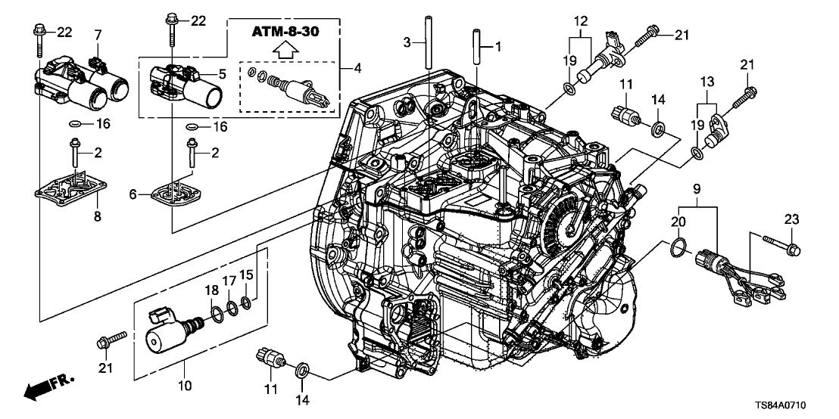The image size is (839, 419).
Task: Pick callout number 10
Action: (x=186, y=386)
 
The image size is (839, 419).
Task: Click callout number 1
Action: (x=497, y=46)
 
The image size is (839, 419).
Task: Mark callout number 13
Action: (x=706, y=82)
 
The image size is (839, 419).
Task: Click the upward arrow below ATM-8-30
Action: (x=285, y=52)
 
